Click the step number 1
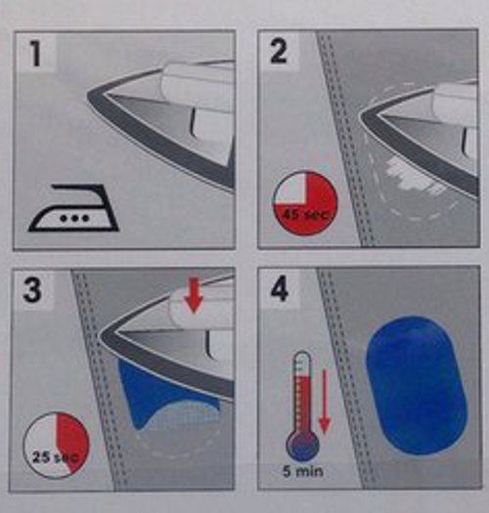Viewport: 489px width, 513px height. click(x=36, y=53)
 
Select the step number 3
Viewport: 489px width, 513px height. click(x=32, y=289)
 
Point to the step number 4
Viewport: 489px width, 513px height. click(x=279, y=289)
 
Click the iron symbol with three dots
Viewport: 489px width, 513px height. click(x=73, y=208)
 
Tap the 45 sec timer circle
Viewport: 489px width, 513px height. click(x=305, y=203)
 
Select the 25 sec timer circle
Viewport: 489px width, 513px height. click(x=56, y=446)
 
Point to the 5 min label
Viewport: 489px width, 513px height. click(x=302, y=472)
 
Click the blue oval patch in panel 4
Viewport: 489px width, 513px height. click(x=416, y=385)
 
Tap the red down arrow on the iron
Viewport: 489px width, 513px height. click(x=194, y=295)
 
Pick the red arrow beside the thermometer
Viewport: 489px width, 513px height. click(x=325, y=402)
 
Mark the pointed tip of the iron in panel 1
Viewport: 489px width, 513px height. click(x=88, y=96)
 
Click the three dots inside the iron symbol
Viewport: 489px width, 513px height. click(x=74, y=218)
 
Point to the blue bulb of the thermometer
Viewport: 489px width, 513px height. click(x=302, y=447)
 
